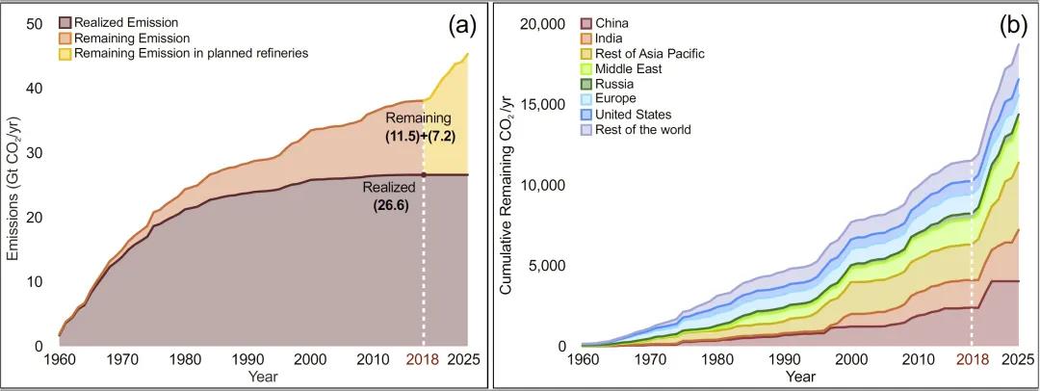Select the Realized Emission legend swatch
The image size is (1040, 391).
pyautogui.click(x=65, y=22)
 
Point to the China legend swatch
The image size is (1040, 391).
pyautogui.click(x=585, y=22)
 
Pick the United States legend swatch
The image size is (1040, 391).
pyautogui.click(x=585, y=114)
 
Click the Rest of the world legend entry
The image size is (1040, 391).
pyautogui.click(x=642, y=129)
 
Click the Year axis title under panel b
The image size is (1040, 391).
pyautogui.click(x=799, y=376)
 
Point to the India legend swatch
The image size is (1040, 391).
pyautogui.click(x=585, y=38)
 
